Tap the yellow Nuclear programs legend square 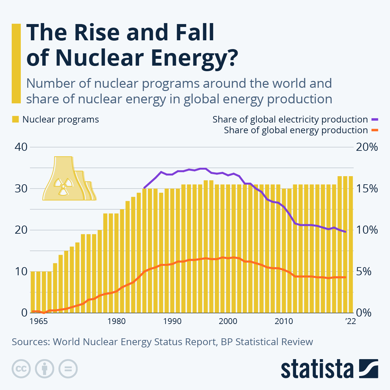[15, 120]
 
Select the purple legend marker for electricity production [375, 120]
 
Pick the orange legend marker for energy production [375, 130]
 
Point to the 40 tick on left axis [21, 147]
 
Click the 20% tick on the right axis [367, 147]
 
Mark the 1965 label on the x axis [39, 321]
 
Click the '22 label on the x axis [350, 321]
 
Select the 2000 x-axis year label [228, 321]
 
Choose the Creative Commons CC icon [21, 369]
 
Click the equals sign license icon [68, 369]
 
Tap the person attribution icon [45, 369]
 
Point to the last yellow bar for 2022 [351, 244]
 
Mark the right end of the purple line [345, 232]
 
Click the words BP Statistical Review [267, 342]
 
